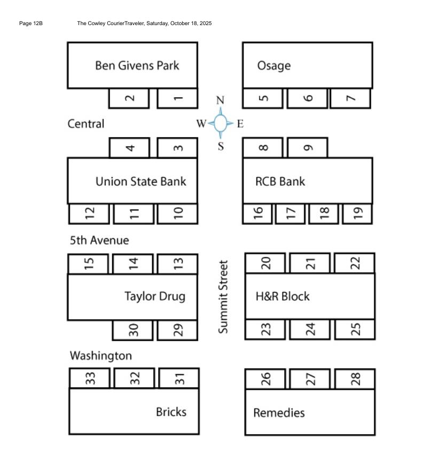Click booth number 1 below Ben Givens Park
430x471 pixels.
pyautogui.click(x=178, y=98)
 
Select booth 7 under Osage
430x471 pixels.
pyautogui.click(x=350, y=98)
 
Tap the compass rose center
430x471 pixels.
pyautogui.click(x=221, y=123)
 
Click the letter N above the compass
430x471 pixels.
pyautogui.click(x=220, y=100)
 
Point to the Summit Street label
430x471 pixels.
pyautogui.click(x=223, y=297)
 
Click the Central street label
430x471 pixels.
pyautogui.click(x=86, y=124)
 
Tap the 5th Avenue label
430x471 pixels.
pyautogui.click(x=99, y=240)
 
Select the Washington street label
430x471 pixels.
pyautogui.click(x=100, y=356)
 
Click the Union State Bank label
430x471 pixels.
pyautogui.click(x=140, y=182)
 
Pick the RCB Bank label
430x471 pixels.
pyautogui.click(x=280, y=182)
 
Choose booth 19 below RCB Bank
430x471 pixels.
pyautogui.click(x=357, y=214)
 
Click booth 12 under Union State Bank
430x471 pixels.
pyautogui.click(x=89, y=214)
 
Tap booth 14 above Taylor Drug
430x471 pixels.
pyautogui.click(x=133, y=263)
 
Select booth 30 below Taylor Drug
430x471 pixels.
pyautogui.click(x=133, y=331)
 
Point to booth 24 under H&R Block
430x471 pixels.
pyautogui.click(x=310, y=329)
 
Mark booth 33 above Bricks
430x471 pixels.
pyautogui.click(x=90, y=379)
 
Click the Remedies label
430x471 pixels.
pyautogui.click(x=279, y=413)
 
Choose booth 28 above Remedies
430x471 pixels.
pyautogui.click(x=355, y=379)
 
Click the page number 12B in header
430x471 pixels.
pyautogui.click(x=30, y=23)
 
